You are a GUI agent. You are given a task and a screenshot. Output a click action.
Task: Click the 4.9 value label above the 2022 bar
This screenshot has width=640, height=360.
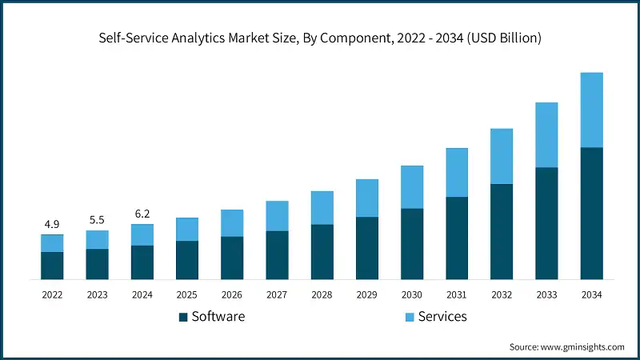(52, 223)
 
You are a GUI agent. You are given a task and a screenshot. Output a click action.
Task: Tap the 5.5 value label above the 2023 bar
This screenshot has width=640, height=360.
(97, 218)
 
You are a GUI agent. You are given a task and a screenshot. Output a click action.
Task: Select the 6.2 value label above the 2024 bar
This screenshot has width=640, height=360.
(142, 214)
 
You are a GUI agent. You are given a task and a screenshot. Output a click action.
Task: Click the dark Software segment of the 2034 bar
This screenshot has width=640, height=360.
(591, 213)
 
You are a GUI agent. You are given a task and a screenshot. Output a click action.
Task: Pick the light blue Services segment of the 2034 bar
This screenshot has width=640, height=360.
(591, 110)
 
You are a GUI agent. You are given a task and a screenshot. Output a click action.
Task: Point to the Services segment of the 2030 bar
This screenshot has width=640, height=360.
(412, 187)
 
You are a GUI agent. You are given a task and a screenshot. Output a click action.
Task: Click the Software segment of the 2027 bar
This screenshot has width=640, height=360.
(277, 254)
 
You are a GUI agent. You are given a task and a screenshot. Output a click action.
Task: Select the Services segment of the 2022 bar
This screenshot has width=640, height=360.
(52, 243)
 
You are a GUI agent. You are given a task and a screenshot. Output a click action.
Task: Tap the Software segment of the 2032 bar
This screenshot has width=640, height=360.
(502, 231)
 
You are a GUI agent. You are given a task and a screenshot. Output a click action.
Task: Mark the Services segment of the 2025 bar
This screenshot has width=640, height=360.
(186, 229)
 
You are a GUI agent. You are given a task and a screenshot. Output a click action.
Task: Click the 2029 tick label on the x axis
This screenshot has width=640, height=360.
(366, 295)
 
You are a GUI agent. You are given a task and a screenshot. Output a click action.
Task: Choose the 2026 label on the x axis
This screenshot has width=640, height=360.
(232, 295)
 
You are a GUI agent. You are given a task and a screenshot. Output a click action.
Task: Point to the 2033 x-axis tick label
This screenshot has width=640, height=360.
(546, 295)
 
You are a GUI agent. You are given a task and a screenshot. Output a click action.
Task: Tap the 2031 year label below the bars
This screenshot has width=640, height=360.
(457, 295)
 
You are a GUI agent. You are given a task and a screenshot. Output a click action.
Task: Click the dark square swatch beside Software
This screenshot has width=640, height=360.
(183, 317)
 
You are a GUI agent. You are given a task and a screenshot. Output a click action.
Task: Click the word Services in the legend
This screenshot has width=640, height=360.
(442, 317)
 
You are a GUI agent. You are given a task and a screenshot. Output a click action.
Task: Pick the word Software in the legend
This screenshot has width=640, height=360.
(218, 317)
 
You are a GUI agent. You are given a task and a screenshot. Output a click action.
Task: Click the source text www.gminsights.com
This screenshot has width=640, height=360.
(582, 346)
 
